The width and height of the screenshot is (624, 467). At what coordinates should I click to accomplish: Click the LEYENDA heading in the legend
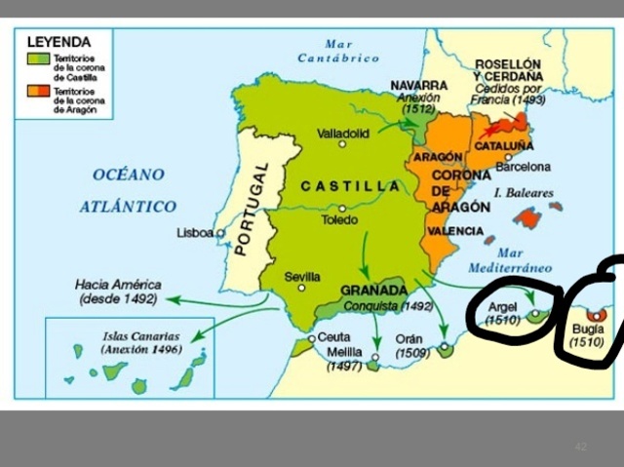coord(58,42)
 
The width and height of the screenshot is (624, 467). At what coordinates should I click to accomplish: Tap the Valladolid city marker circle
coord(342,144)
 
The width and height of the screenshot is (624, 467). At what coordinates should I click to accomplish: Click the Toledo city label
coord(340,220)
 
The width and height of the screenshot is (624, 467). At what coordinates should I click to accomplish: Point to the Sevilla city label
coord(302,276)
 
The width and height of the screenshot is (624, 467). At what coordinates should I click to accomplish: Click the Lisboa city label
coord(195,233)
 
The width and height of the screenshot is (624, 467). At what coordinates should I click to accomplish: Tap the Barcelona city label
coord(524,167)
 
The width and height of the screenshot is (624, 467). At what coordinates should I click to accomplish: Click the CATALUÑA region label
coord(503,146)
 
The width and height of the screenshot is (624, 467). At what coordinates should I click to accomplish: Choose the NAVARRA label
coord(418,85)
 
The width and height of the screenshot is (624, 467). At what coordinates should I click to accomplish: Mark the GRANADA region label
coord(373,291)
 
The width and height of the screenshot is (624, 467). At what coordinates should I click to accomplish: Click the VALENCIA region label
coord(455,231)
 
